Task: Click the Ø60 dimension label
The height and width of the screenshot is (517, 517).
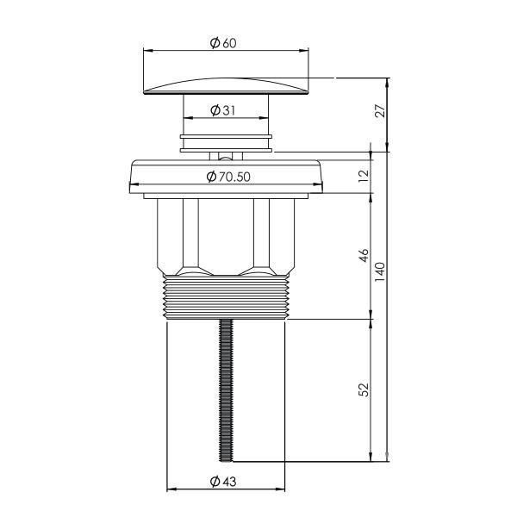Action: [223, 43]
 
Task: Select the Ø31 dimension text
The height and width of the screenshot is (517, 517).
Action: [223, 110]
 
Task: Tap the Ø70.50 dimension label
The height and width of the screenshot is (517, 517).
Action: [228, 177]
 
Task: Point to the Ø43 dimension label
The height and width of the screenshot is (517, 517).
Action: [223, 482]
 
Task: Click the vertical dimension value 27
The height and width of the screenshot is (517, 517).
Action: [380, 111]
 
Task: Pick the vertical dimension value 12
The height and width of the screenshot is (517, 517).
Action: [364, 177]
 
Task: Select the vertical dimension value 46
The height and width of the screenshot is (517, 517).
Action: [364, 256]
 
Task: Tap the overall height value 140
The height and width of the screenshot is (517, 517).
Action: [380, 271]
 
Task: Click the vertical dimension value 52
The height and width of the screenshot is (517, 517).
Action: [364, 389]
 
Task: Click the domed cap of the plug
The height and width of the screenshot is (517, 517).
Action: [226, 86]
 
